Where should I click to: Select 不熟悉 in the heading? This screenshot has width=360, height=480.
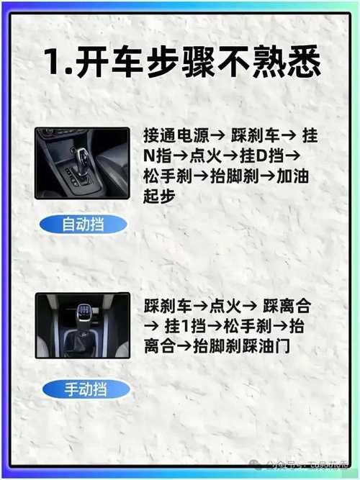tap(274, 63)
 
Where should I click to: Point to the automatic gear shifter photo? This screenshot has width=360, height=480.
tap(82, 163)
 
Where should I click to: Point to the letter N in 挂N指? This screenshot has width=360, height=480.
tap(149, 155)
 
